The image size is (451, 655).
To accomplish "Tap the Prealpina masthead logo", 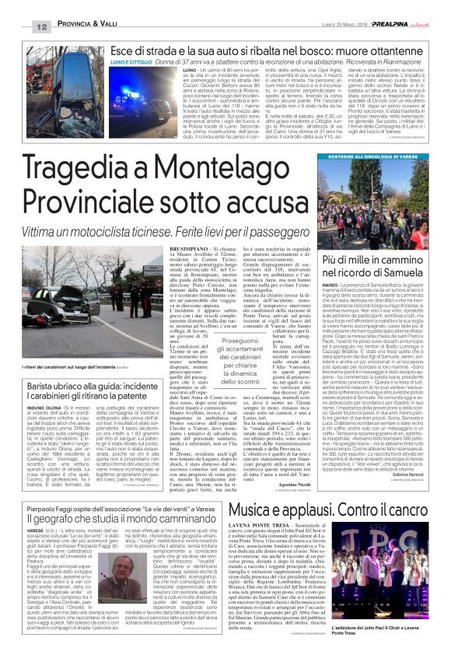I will tap(399, 6).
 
